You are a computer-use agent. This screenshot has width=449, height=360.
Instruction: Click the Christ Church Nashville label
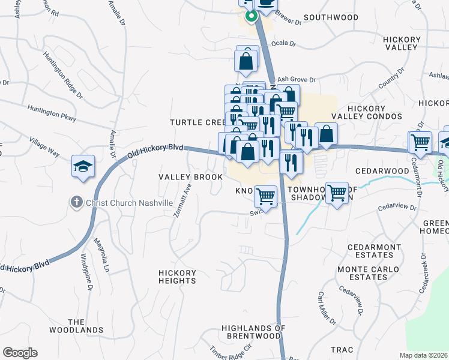coord(129,203)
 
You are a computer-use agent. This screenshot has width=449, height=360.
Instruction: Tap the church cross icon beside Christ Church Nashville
coord(76,203)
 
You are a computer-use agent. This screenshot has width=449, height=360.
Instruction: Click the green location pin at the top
coord(251,16)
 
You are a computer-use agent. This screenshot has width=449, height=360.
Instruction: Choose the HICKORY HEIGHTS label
coord(177,277)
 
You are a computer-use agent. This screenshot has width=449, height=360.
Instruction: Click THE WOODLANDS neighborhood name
coord(85,326)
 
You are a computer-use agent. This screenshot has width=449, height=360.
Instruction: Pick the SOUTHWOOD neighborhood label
coord(331,18)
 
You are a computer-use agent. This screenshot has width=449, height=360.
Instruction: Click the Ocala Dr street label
coord(285,44)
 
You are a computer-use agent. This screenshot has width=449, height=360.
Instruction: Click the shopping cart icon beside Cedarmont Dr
coord(420,142)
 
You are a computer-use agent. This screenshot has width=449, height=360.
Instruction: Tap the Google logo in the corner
coord(20,353)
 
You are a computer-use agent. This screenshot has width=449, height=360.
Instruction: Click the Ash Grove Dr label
coord(295,79)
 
